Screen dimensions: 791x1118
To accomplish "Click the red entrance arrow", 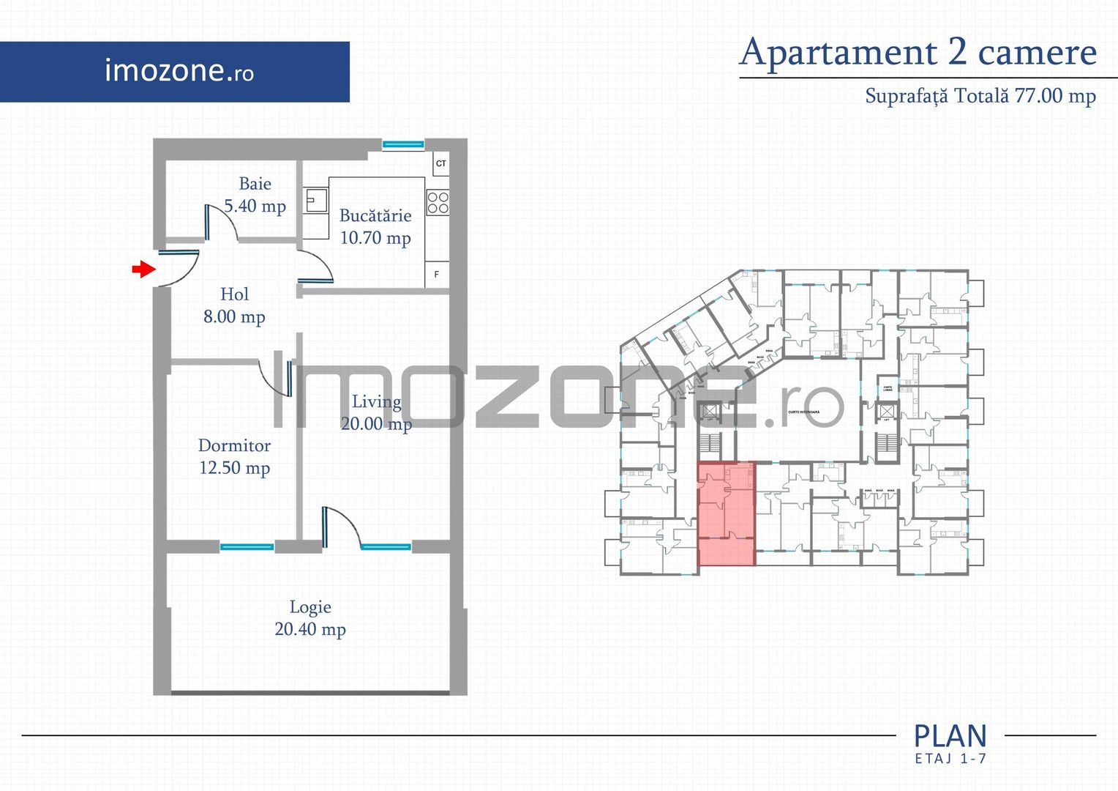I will (143, 270).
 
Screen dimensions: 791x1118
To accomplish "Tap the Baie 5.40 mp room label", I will (255, 195).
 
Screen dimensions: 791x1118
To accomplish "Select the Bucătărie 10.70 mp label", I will (375, 226).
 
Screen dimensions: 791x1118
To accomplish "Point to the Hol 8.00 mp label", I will (234, 305).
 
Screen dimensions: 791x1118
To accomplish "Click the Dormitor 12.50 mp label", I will (234, 456).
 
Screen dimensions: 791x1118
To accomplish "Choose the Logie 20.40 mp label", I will (310, 618).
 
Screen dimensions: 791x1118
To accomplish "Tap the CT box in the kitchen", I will (440, 163).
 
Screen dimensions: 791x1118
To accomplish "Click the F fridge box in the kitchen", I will (437, 275).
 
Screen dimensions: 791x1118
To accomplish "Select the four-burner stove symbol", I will (438, 203).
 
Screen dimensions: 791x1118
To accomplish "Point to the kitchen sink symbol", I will (316, 200).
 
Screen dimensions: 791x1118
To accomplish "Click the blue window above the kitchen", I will (403, 144).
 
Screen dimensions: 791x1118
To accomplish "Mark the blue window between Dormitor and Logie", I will (247, 546).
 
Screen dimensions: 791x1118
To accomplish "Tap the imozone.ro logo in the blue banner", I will (179, 71).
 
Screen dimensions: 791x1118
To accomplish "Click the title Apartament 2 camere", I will (918, 53).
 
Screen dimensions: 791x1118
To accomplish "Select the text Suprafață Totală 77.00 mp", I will (980, 96).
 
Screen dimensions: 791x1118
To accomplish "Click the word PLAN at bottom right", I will (950, 735).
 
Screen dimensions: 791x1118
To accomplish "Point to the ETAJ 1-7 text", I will (950, 759).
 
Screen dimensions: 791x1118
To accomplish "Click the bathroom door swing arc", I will (222, 221).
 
